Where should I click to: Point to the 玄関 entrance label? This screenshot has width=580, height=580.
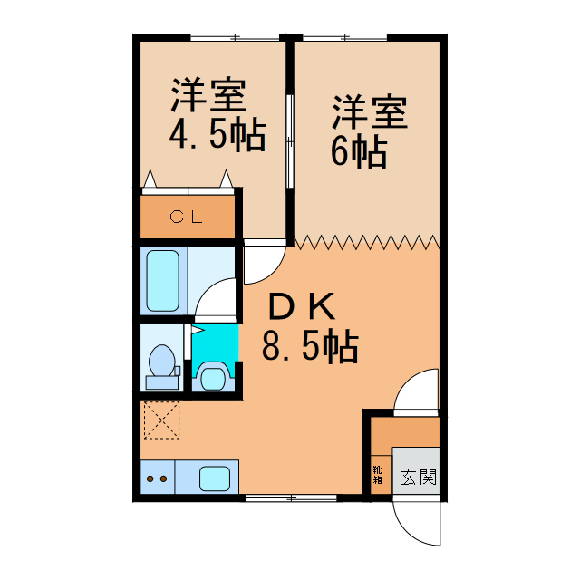point(419,476)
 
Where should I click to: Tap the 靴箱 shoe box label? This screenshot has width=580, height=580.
point(376,476)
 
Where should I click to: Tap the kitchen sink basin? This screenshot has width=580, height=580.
point(217,477)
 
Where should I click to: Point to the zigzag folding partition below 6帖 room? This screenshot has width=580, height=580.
point(366,242)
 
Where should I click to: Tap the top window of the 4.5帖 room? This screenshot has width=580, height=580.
point(237,37)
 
